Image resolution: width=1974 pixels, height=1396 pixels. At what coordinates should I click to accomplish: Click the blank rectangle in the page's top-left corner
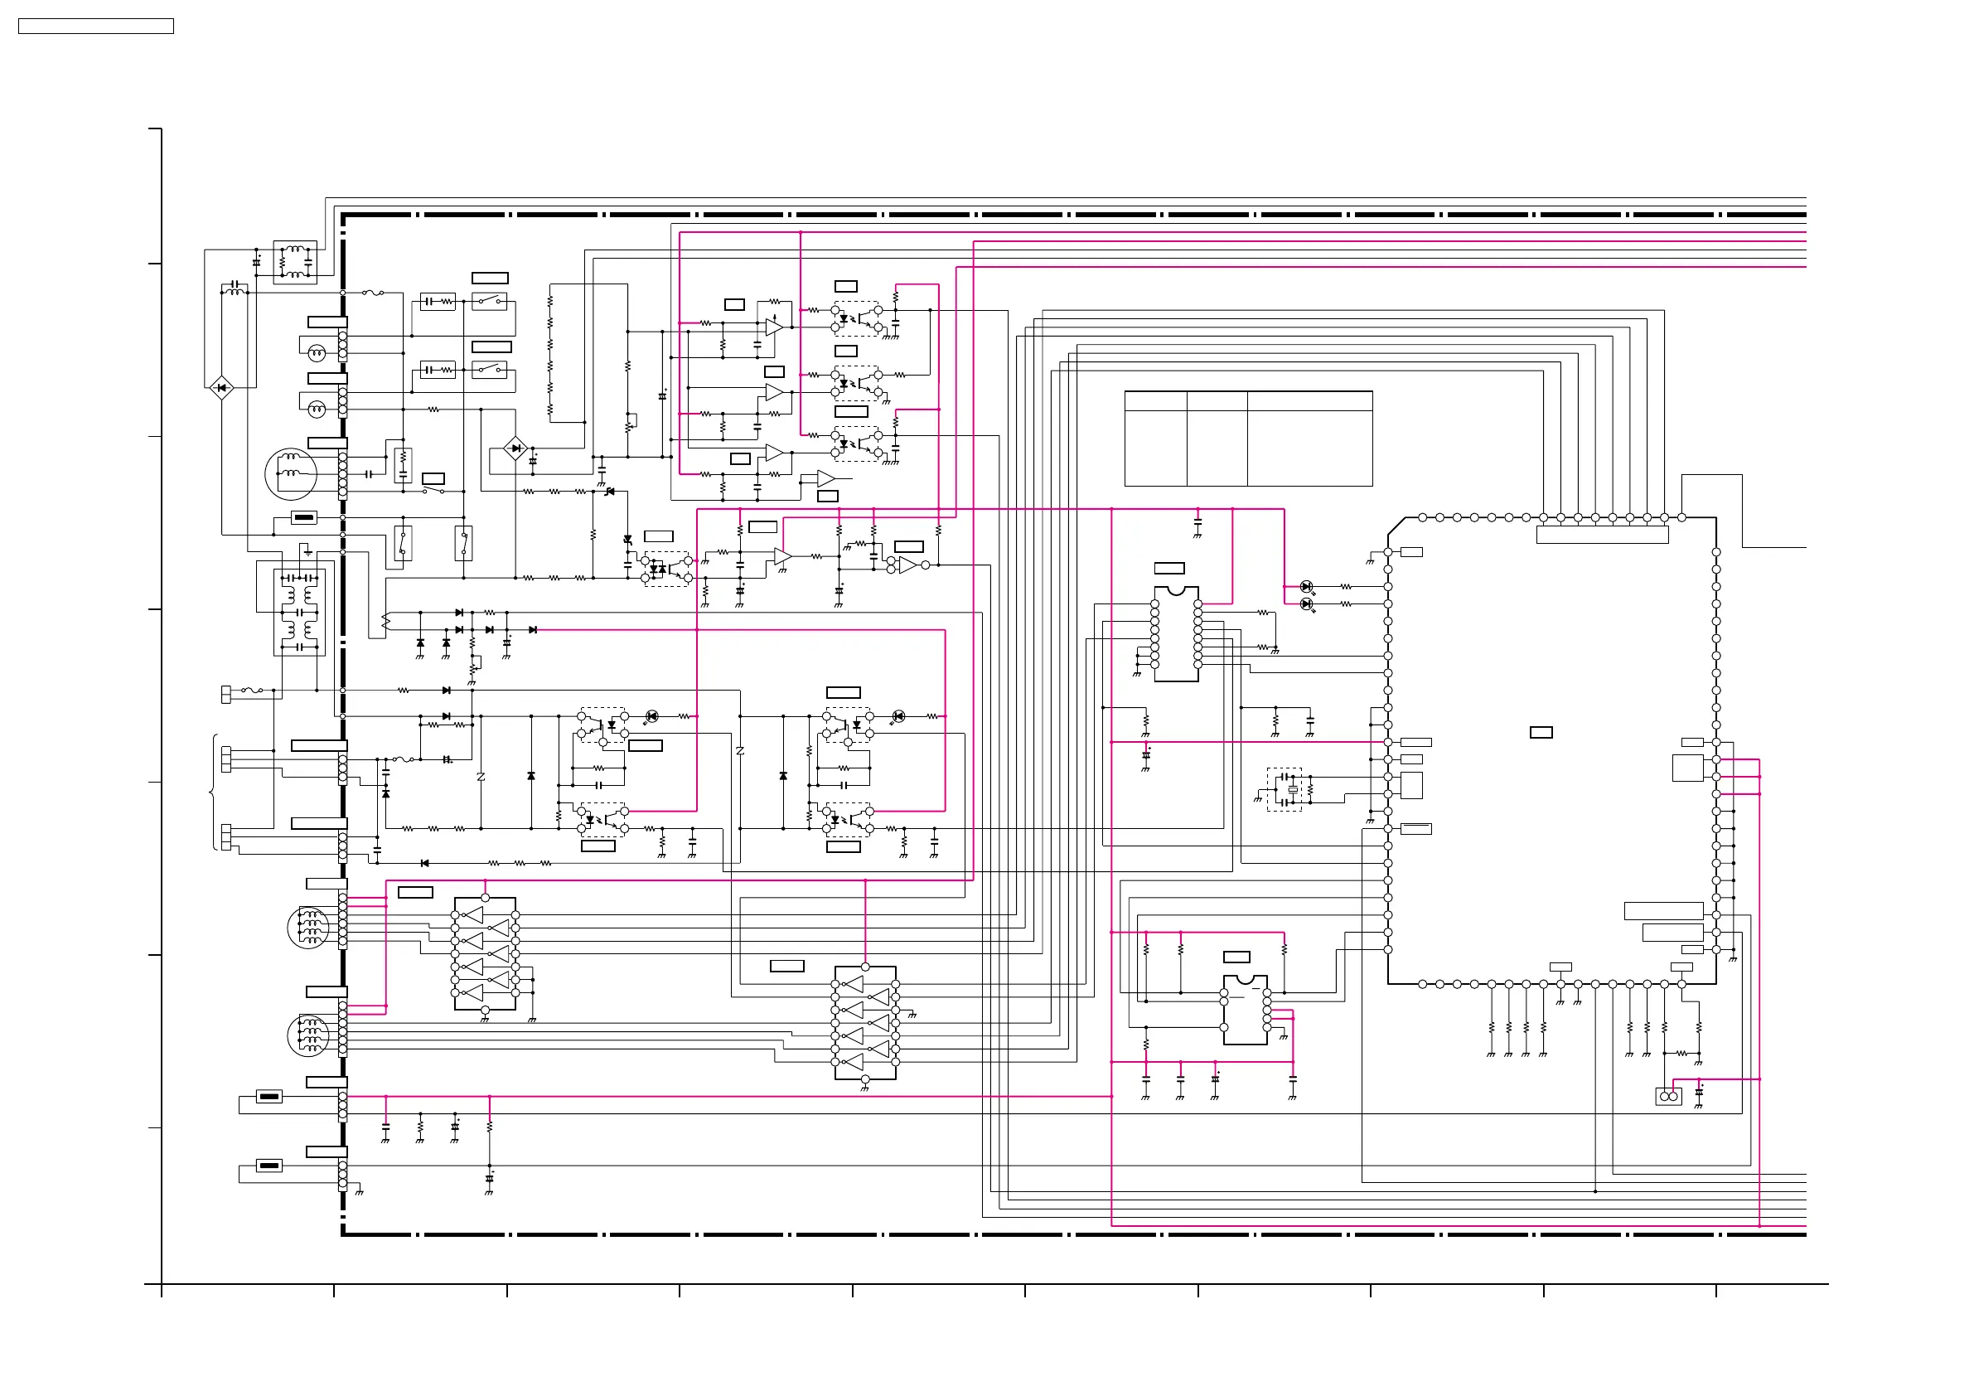point(96,27)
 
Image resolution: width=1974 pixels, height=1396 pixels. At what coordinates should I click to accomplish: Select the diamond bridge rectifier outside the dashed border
point(222,388)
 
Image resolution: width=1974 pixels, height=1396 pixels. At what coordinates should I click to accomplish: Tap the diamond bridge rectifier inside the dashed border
point(515,448)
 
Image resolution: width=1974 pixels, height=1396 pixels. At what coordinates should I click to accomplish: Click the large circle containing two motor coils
point(291,474)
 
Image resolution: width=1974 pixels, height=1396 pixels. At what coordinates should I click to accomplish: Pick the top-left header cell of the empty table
point(1155,401)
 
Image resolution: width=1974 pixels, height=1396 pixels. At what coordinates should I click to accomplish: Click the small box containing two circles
point(1669,1097)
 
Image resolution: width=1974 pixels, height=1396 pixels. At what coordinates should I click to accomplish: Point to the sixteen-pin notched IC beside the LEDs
point(1176,634)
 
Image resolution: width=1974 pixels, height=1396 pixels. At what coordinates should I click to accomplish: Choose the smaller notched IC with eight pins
point(1245,1010)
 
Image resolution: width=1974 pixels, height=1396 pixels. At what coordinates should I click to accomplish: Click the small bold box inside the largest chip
point(1541,733)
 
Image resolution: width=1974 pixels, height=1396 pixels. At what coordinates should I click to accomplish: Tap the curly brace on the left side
point(213,793)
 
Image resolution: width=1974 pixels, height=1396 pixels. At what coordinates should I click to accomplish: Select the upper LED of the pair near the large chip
point(1307,587)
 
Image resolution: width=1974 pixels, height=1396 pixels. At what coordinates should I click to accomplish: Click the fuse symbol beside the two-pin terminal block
point(253,691)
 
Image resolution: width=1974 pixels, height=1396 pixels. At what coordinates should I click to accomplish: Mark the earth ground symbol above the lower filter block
point(307,550)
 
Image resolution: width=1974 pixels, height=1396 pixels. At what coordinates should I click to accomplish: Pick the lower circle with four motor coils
point(307,1035)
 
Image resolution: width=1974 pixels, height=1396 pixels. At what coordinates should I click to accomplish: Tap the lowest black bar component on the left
point(269,1166)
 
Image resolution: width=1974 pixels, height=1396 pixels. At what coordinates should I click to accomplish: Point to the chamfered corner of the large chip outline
point(1396,526)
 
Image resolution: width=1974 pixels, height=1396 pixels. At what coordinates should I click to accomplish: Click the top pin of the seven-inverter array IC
point(485,898)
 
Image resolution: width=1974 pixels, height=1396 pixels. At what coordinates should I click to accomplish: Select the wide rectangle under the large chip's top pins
point(1603,535)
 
